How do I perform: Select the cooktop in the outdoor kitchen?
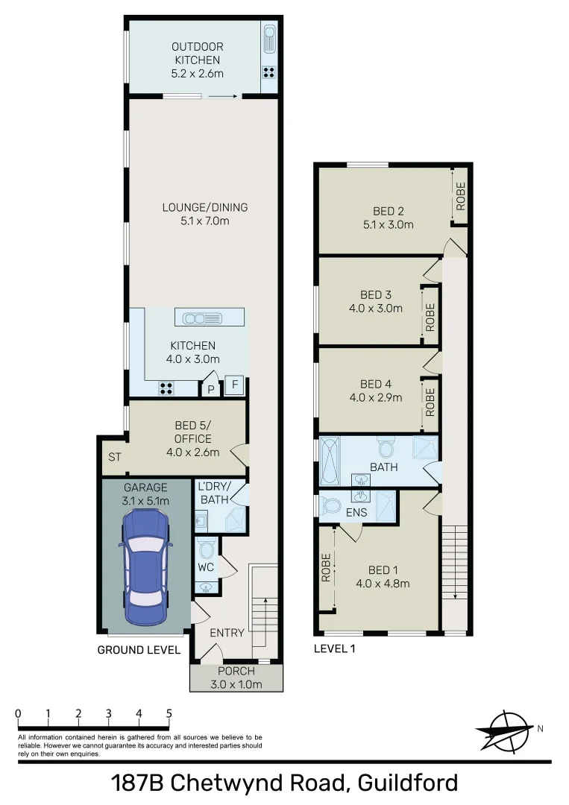(268, 73)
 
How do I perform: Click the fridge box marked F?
(233, 386)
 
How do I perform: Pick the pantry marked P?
(211, 389)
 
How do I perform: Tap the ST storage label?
(115, 456)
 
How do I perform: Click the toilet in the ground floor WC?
(207, 549)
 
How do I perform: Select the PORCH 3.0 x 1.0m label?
(236, 678)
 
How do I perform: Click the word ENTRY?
(227, 633)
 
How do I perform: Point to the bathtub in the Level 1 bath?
(330, 461)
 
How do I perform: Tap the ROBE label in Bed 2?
(460, 196)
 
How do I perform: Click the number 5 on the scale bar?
(169, 713)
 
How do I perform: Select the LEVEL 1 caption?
(336, 648)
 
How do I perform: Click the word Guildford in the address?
(407, 783)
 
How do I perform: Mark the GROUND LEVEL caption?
(139, 650)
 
